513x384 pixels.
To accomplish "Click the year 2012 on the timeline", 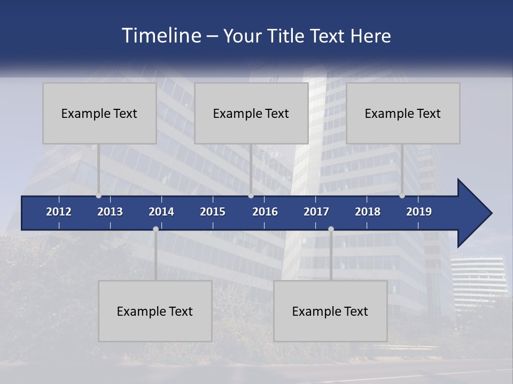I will point(59,212).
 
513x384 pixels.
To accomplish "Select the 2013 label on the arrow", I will point(110,212).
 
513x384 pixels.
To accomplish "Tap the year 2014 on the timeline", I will point(161,212).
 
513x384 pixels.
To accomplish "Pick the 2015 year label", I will point(213,212).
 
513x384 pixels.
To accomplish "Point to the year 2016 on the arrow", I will point(265,212).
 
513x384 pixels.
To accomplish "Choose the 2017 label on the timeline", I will point(316,212).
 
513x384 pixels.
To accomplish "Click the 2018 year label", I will point(368,212).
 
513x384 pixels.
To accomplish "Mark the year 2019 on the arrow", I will point(419,212).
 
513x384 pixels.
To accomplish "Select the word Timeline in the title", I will point(161,36).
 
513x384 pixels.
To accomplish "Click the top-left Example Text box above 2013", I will point(99,113).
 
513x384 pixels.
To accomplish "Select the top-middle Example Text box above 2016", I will point(251,113).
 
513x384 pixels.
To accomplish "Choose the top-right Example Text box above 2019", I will point(403,113).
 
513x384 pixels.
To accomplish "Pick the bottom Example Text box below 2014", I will point(155,311).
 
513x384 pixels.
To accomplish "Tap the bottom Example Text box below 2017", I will point(330,311).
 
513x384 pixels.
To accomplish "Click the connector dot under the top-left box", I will point(98,196).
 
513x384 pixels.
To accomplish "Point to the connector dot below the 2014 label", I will point(156,229).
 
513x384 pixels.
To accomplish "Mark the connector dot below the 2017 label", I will point(331,229).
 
